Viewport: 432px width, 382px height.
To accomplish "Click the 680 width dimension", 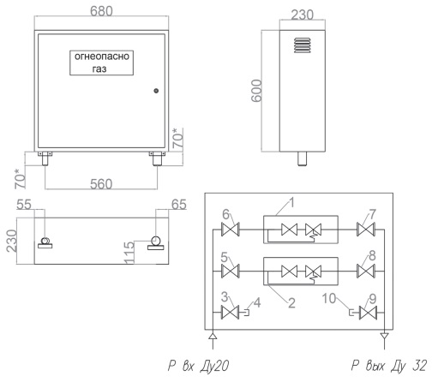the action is coord(101,11).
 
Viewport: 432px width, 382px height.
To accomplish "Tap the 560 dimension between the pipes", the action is coord(101,184).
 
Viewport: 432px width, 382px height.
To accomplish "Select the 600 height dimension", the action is coord(256,91).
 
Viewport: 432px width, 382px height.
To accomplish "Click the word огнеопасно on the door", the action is coord(102,57).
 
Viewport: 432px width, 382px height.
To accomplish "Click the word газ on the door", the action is coord(99,69).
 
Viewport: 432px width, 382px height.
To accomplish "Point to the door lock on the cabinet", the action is coord(156,91).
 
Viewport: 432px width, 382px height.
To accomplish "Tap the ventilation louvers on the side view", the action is coord(303,45).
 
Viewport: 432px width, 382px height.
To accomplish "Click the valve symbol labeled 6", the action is coord(231,230).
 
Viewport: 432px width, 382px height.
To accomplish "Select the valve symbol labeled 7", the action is coord(366,230).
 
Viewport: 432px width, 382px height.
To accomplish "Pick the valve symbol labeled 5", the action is coord(231,271).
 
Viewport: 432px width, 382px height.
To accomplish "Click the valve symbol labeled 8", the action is coord(366,271).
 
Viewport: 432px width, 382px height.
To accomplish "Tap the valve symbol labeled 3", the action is coord(231,313).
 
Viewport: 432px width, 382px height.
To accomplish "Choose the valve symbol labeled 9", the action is coord(369,313).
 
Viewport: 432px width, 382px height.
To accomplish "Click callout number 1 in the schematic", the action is coord(291,202).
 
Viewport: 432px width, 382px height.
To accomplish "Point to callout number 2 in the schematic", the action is coord(291,303).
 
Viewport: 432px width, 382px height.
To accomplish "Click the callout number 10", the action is coord(329,298).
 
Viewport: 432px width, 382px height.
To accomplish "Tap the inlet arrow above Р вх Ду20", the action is coord(213,336).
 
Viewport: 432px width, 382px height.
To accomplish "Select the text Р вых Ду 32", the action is coord(389,366).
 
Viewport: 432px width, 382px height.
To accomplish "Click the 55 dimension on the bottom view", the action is coord(24,205).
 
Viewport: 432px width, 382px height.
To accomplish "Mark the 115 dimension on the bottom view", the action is coord(129,253).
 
